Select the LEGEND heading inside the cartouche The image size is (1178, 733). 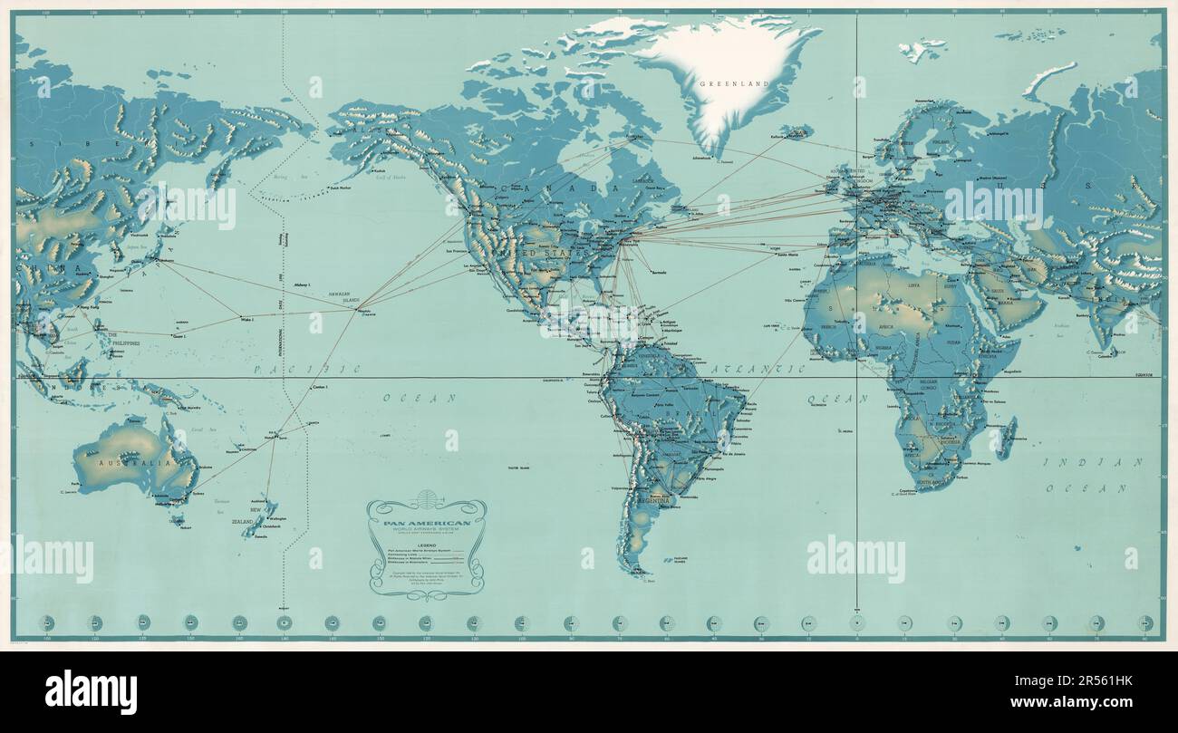(427, 543)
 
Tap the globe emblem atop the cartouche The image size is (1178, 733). (427, 501)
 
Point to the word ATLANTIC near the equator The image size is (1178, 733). (758, 370)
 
